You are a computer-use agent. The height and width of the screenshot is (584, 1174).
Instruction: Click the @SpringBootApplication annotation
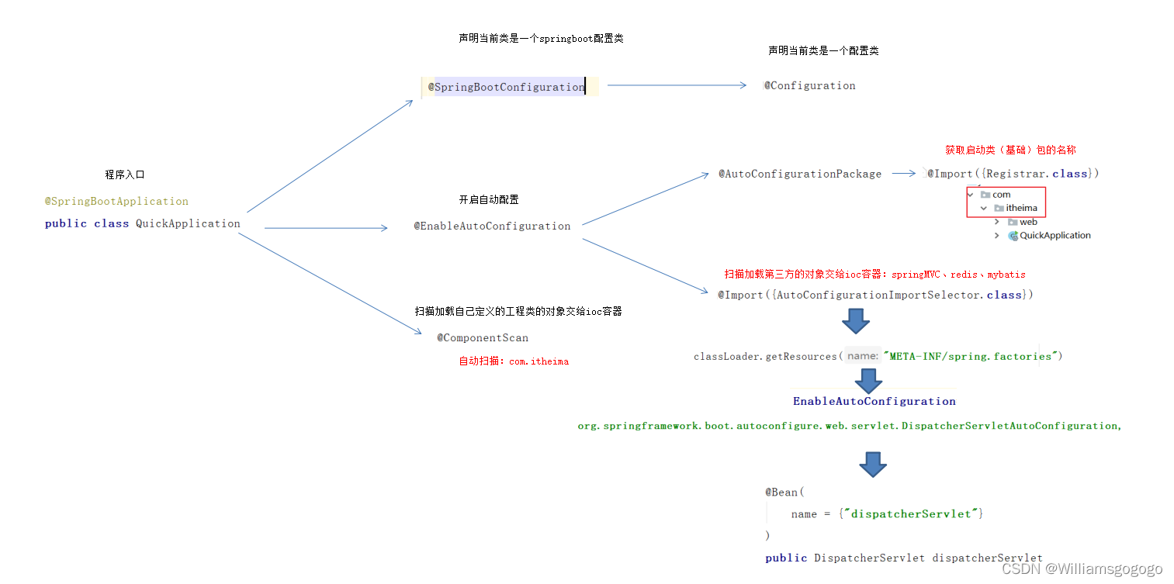116,201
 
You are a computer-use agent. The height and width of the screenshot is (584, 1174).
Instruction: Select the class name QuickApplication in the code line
188,223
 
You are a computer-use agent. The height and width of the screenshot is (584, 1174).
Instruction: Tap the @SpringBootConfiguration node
507,87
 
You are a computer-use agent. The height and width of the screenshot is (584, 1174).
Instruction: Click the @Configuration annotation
809,85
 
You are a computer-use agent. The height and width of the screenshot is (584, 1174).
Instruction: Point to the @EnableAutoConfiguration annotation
492,226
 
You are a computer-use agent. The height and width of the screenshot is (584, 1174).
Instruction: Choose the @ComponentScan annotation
482,337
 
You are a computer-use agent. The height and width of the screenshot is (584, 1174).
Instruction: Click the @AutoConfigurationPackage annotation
799,174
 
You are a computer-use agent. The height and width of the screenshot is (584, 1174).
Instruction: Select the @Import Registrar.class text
1013,174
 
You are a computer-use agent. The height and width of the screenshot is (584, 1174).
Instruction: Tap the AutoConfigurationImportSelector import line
875,295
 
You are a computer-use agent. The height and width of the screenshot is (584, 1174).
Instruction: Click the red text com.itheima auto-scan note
514,361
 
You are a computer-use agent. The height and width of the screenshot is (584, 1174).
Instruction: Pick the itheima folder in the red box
1021,208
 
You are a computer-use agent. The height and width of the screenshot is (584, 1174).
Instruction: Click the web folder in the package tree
1028,222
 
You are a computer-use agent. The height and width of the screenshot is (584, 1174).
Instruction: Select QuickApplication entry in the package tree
1055,236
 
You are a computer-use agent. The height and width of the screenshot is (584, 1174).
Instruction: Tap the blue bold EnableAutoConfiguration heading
874,401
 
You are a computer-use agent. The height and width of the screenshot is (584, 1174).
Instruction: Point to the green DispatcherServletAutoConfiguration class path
849,426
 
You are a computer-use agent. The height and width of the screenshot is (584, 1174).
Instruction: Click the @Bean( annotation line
785,492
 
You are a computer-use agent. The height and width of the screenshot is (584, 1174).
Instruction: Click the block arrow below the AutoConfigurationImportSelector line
856,320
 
